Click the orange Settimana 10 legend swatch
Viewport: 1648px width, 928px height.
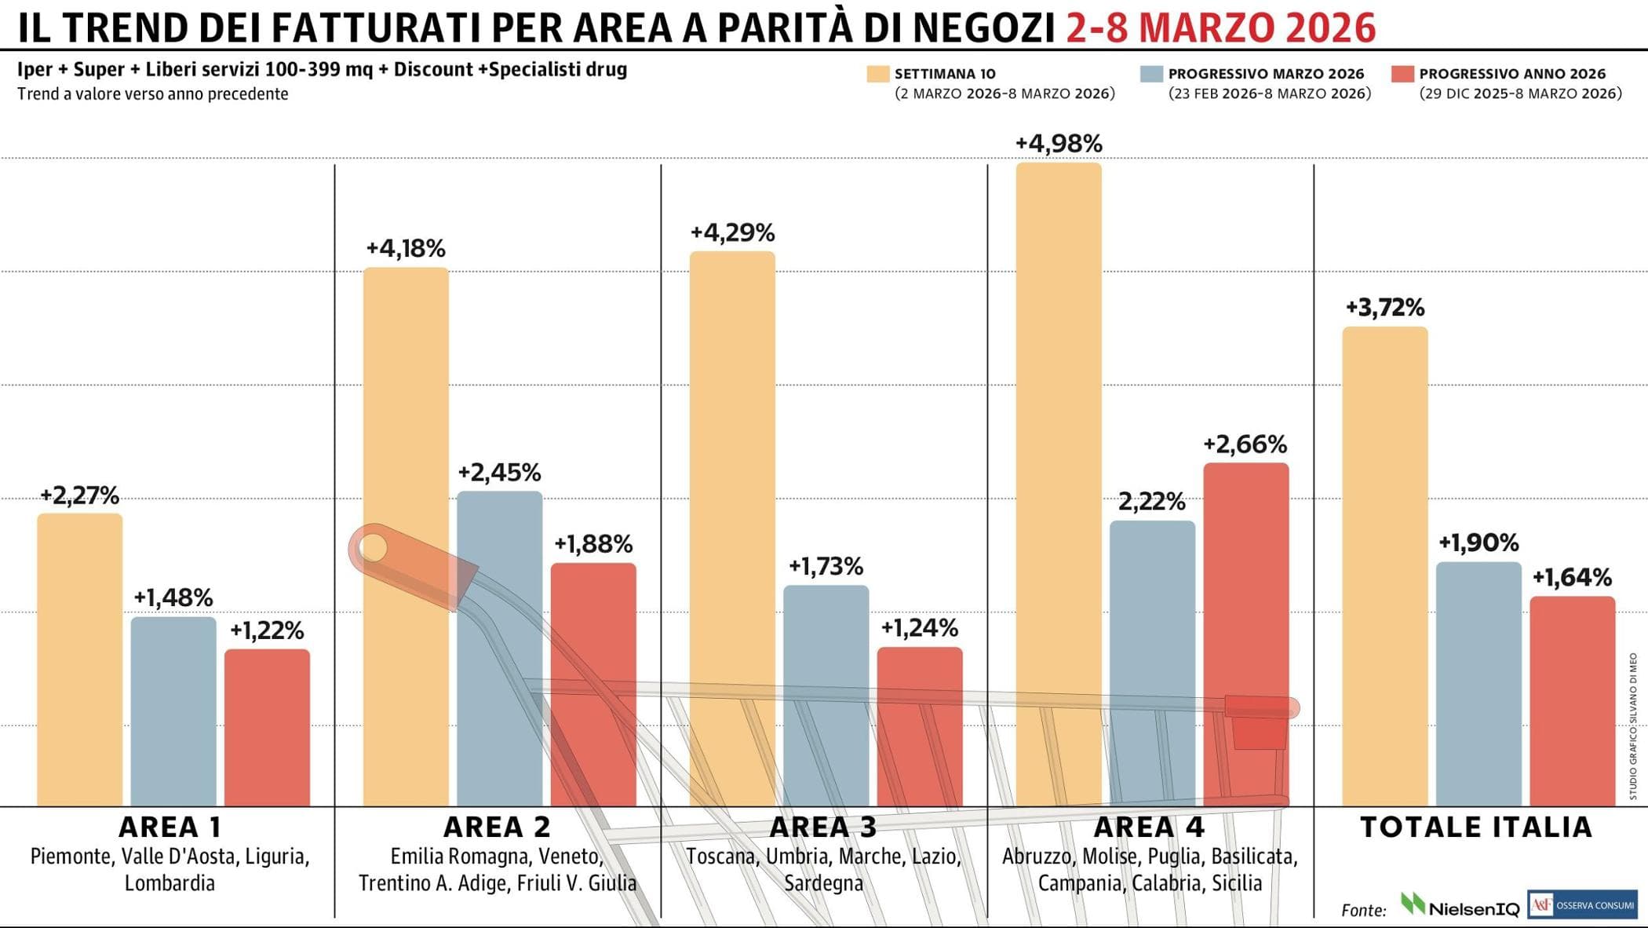pos(877,74)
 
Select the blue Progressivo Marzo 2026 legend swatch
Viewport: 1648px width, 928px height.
pos(1151,74)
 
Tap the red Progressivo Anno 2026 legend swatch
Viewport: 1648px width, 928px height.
pos(1402,74)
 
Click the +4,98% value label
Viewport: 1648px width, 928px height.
pos(1059,144)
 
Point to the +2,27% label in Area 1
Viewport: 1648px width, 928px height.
pos(79,496)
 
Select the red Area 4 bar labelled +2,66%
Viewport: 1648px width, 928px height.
pos(1245,628)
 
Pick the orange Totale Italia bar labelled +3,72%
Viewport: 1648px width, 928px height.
pos(1384,565)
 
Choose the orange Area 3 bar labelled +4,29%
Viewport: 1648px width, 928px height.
pos(732,526)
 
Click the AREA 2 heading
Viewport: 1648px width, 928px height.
pos(497,828)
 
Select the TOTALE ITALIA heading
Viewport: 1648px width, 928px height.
pos(1475,828)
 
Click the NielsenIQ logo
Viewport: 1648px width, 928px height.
pos(1460,907)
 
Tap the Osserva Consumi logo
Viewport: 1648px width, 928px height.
pos(1582,904)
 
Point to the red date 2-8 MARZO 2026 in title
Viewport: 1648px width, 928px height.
pos(1220,28)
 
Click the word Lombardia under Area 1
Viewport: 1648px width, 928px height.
pos(170,883)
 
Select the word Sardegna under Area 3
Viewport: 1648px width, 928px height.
pos(823,883)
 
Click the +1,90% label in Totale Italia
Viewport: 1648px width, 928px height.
pos(1478,543)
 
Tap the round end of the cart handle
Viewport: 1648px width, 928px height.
pos(373,547)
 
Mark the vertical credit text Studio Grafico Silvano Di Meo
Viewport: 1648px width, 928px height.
pos(1633,726)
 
